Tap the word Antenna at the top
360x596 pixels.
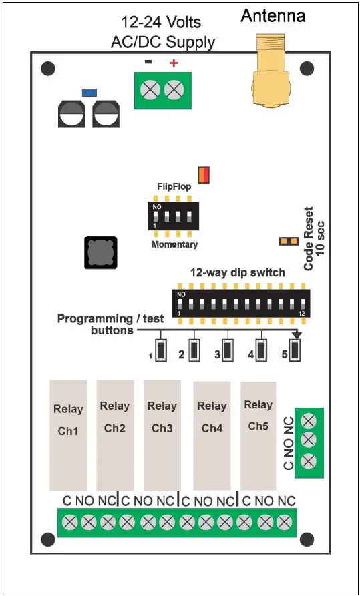[x=273, y=15]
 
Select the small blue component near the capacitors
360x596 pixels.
[x=86, y=92]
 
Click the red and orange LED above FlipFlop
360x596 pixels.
[x=204, y=175]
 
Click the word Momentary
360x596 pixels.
[x=174, y=244]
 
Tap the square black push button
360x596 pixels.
[x=101, y=252]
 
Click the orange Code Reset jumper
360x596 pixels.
[x=289, y=240]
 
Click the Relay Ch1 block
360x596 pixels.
[x=68, y=435]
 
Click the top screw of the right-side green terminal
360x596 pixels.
[x=309, y=420]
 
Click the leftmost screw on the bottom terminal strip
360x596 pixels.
[x=69, y=523]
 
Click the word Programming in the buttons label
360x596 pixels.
[x=96, y=318]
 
